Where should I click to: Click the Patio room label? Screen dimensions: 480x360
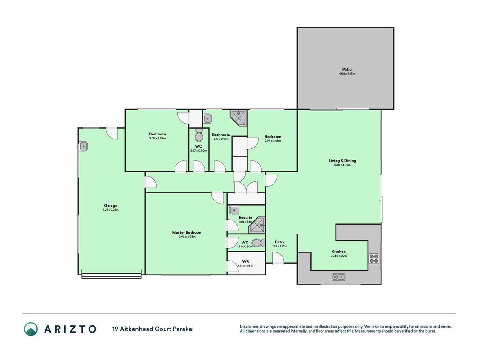pos(347,69)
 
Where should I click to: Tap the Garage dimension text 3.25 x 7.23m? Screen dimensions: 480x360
pos(111,210)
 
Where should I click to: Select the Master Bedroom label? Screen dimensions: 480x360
pos(187,232)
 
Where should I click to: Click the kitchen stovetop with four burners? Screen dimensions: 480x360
pos(374,259)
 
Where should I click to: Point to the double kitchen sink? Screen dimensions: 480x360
pos(339,277)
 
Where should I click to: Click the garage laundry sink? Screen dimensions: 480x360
pos(83,146)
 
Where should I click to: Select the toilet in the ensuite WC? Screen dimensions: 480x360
pos(260,243)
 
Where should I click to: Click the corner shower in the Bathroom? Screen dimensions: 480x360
pos(239,118)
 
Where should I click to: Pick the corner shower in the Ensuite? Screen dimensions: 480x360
pos(257,225)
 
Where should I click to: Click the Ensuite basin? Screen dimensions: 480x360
pos(234,210)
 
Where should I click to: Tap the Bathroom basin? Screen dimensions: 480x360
pos(207,118)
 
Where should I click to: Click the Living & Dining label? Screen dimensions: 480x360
pos(342,160)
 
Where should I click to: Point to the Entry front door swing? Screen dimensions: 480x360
pos(278,258)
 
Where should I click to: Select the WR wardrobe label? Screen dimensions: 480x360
pos(246,261)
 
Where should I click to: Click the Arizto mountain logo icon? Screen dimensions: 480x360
pos(31,329)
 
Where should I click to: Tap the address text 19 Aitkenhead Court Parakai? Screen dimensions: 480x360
pos(153,329)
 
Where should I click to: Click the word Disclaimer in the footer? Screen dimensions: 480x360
pos(250,327)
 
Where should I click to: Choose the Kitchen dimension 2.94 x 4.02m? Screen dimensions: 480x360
pos(339,256)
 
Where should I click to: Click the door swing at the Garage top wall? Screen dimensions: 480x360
pos(112,134)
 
